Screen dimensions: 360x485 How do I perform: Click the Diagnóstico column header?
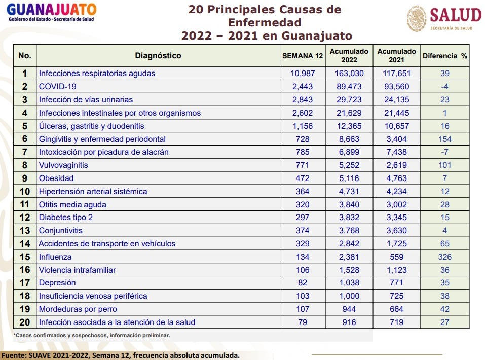tap(158, 56)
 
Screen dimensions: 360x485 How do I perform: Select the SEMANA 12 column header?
tap(303, 56)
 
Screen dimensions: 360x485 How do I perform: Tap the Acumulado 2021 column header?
tap(397, 56)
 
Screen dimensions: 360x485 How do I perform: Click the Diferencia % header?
tap(444, 56)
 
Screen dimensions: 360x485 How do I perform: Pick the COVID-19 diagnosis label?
tap(57, 87)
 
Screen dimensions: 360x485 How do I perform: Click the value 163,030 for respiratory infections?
tap(349, 74)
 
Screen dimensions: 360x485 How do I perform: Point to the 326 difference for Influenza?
tap(444, 257)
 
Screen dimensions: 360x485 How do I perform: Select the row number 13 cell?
tap(25, 231)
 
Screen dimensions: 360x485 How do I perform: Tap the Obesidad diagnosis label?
tap(56, 178)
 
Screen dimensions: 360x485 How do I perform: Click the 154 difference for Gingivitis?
tap(444, 139)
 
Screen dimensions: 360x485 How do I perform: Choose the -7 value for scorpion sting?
tap(444, 152)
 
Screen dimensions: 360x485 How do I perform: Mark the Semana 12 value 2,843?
tap(303, 100)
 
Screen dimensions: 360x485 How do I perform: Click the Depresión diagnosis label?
tap(57, 283)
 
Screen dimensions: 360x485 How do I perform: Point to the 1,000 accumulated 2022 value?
tap(349, 296)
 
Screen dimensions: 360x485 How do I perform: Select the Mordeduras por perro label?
tap(78, 309)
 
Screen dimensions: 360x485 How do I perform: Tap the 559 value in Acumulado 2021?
tap(397, 257)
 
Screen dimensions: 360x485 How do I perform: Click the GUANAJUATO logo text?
tap(52, 10)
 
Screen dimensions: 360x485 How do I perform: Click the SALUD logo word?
tap(455, 15)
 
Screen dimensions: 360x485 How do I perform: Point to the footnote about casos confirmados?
tap(92, 335)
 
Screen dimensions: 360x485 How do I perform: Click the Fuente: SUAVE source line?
tap(120, 355)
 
